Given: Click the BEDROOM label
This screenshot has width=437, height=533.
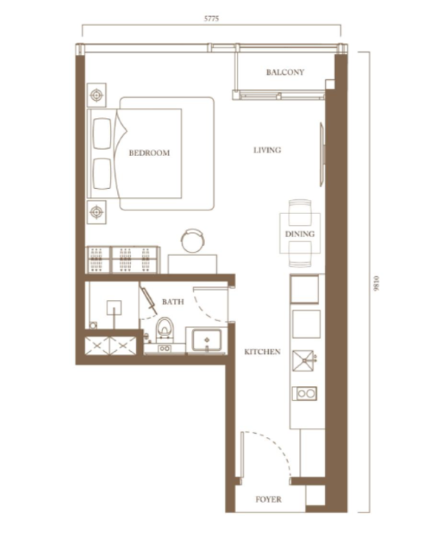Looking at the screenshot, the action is [149, 153].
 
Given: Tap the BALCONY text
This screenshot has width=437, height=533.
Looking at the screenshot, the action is [285, 72].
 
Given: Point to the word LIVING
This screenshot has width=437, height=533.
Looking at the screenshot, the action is [267, 150].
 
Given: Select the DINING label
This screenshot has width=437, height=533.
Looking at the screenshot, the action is [300, 234].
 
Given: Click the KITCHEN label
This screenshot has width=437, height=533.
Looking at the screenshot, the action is [263, 352].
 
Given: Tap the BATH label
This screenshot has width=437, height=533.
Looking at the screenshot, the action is [173, 302].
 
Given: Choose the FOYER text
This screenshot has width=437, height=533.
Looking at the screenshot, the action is [269, 499].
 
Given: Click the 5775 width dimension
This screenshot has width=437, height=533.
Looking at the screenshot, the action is [212, 19].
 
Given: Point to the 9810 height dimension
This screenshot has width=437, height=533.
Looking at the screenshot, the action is [375, 283].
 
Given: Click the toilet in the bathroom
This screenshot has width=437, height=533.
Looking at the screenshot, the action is [164, 329].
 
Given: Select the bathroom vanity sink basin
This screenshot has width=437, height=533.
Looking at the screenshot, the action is [206, 340].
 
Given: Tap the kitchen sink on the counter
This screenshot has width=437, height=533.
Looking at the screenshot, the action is [303, 361].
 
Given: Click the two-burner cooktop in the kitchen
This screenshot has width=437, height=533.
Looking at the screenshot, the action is [305, 394].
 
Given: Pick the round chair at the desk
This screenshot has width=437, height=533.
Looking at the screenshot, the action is [193, 241].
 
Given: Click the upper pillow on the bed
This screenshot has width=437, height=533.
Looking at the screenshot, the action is [102, 133].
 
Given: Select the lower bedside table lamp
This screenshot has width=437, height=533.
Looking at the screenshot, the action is [97, 212].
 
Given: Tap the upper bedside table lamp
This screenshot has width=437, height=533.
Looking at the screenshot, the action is [97, 95].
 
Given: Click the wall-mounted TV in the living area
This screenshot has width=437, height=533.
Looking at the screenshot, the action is [322, 155].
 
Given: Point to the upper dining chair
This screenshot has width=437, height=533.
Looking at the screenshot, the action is [300, 212].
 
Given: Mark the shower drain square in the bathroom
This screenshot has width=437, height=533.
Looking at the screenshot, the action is [114, 308].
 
